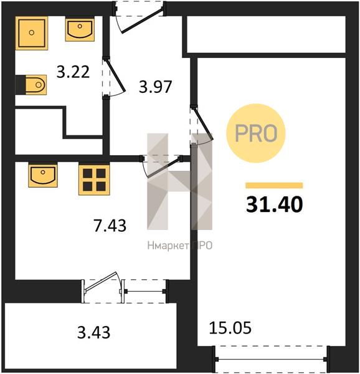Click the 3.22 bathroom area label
73,72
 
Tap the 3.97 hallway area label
155,87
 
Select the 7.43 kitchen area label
110,226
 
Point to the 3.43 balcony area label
93,332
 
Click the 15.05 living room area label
230,328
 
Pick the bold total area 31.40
274,204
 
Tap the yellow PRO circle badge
256,133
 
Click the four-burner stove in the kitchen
94,179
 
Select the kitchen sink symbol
43,175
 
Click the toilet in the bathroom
31,85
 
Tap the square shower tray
32,33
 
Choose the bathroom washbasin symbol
80,29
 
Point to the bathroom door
115,76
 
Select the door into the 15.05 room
202,124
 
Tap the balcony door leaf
101,282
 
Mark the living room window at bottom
270,359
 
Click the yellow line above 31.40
274,185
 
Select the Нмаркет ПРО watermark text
179,246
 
